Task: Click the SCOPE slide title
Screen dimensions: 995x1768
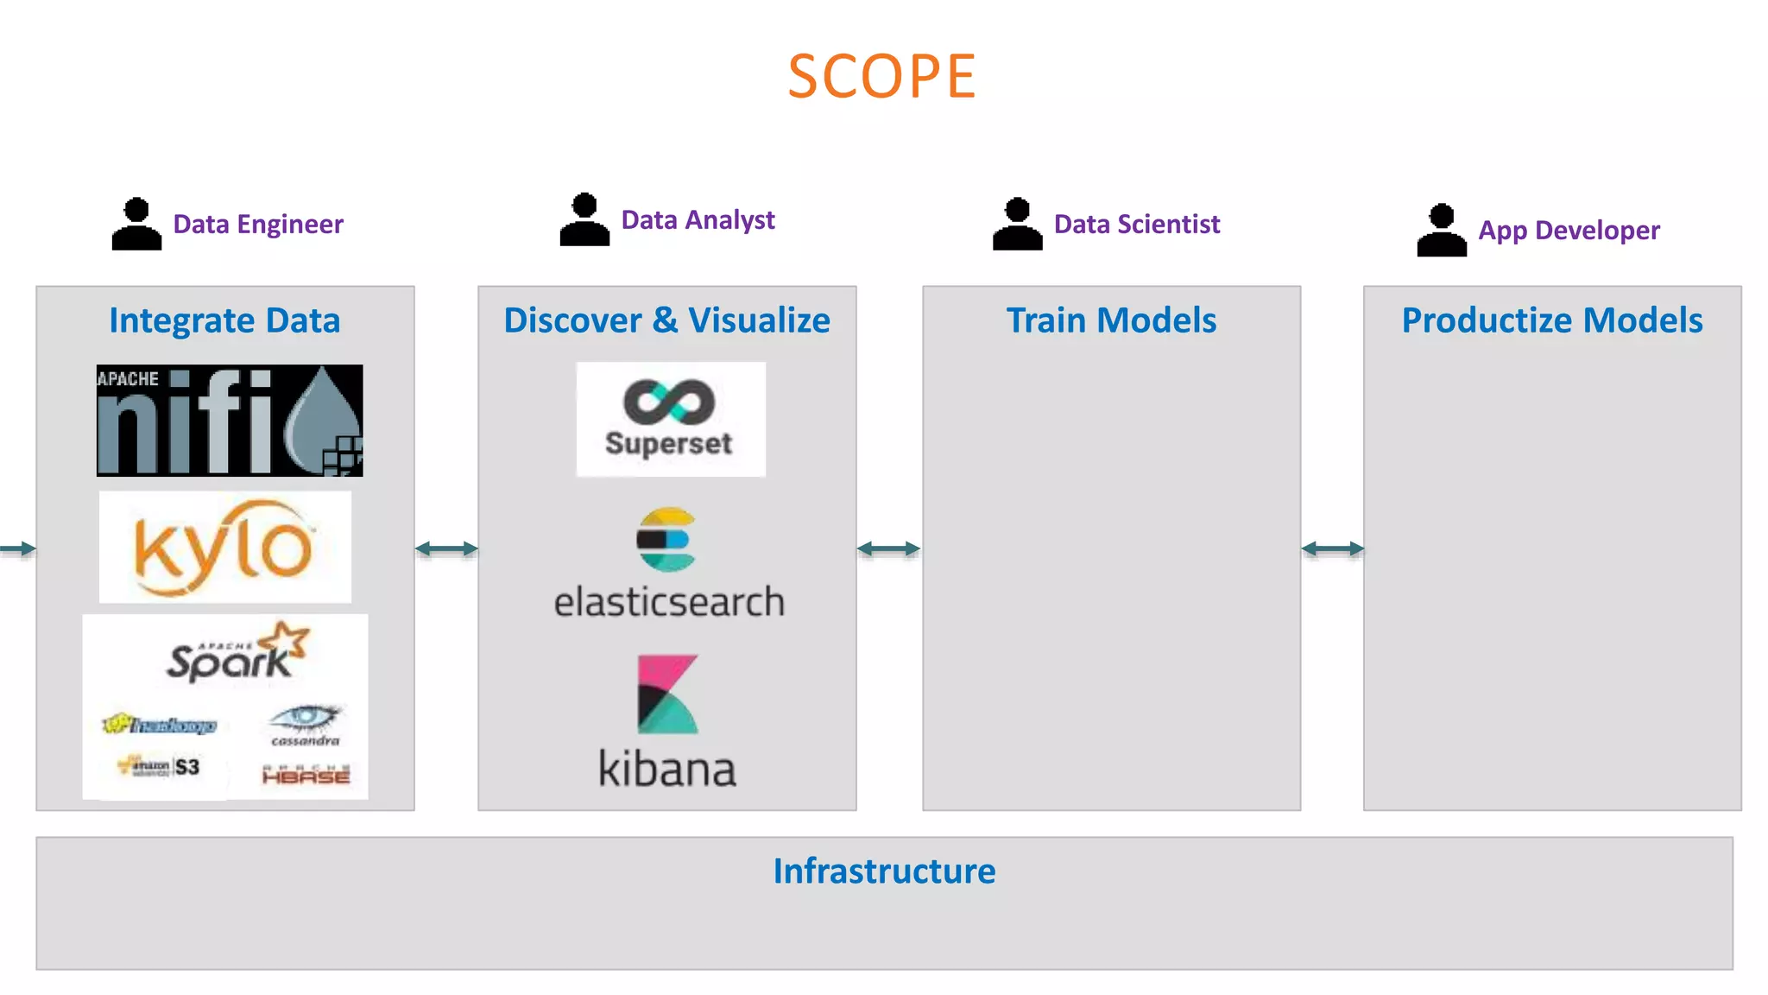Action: click(x=881, y=77)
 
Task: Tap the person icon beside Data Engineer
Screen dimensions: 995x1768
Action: click(x=136, y=225)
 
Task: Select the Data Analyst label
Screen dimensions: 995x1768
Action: click(x=698, y=220)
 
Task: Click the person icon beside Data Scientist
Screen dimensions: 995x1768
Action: click(x=1017, y=225)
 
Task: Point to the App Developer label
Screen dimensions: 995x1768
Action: click(x=1569, y=231)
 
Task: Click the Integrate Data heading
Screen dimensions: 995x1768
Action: click(x=224, y=320)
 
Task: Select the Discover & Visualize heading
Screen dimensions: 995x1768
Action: click(x=666, y=320)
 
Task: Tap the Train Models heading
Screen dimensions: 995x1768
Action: click(x=1111, y=320)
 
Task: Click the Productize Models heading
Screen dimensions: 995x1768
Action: click(x=1551, y=320)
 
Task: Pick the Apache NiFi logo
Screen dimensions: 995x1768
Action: click(x=230, y=421)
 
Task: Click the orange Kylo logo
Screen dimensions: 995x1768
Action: click(x=224, y=547)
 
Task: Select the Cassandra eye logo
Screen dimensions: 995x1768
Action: click(x=306, y=724)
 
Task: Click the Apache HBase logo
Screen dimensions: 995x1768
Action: click(x=306, y=775)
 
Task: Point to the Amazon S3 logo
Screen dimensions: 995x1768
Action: click(x=160, y=766)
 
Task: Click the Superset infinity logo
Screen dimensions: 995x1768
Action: click(x=670, y=402)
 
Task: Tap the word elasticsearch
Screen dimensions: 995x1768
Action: click(x=669, y=602)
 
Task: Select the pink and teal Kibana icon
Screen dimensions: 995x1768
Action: click(x=666, y=694)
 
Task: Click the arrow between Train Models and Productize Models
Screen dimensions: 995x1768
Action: click(x=1332, y=548)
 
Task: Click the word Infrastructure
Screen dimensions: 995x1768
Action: click(x=884, y=871)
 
